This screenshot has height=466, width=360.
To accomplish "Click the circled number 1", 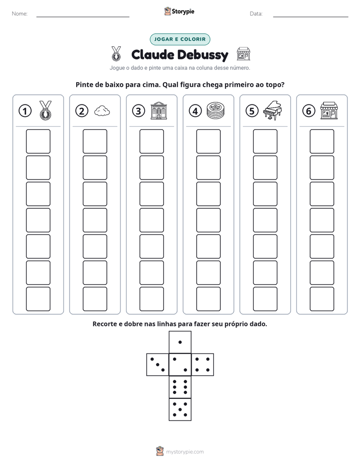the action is (x=25, y=111).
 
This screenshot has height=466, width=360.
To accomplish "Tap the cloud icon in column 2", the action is (x=102, y=111).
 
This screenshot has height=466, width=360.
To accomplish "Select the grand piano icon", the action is (x=272, y=110).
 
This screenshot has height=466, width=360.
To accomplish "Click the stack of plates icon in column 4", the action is (x=215, y=110).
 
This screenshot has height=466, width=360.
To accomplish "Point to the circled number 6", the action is (x=309, y=111).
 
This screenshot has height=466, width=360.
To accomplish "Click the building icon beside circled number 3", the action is (x=159, y=110).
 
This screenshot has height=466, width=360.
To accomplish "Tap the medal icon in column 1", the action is (x=45, y=110).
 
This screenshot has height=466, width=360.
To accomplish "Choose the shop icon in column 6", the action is (x=329, y=110).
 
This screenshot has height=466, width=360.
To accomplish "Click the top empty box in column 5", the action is (x=265, y=141).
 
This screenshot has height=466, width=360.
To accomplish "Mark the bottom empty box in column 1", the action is (x=38, y=299).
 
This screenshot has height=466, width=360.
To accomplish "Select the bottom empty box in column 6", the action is (x=322, y=299).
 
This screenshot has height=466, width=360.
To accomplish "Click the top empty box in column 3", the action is (x=152, y=141).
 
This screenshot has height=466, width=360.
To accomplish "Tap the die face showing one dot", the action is (x=180, y=342).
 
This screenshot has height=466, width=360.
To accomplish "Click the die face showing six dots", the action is (x=180, y=387).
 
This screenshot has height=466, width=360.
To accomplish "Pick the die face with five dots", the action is (x=180, y=410).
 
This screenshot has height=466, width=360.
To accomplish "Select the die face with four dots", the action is (x=203, y=365).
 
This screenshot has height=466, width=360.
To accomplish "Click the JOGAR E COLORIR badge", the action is (x=180, y=39).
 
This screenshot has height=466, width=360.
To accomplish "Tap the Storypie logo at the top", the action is (x=179, y=11).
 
